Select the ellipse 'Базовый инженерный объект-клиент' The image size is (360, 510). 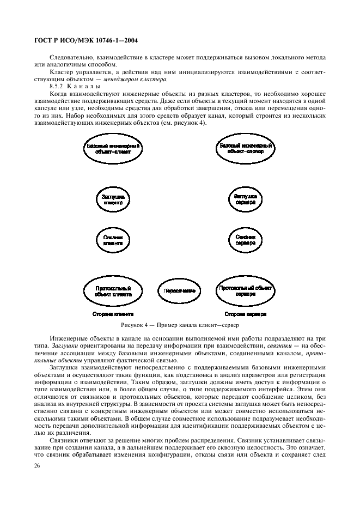point(113,148)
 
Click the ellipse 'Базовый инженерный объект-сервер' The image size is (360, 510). point(246,148)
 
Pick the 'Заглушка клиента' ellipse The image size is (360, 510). point(113,199)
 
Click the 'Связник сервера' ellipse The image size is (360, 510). point(246,240)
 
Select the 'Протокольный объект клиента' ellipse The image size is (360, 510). point(113,290)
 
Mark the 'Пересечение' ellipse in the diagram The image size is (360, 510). point(179,290)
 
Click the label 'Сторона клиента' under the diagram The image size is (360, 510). point(113,314)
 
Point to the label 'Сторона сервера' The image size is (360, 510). point(246,314)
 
